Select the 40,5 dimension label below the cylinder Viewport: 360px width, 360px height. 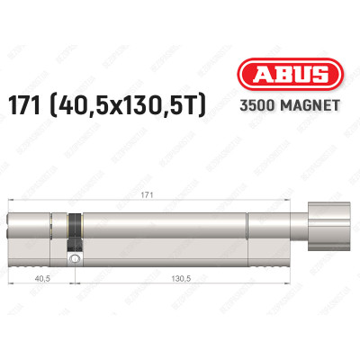pos(40,281)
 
